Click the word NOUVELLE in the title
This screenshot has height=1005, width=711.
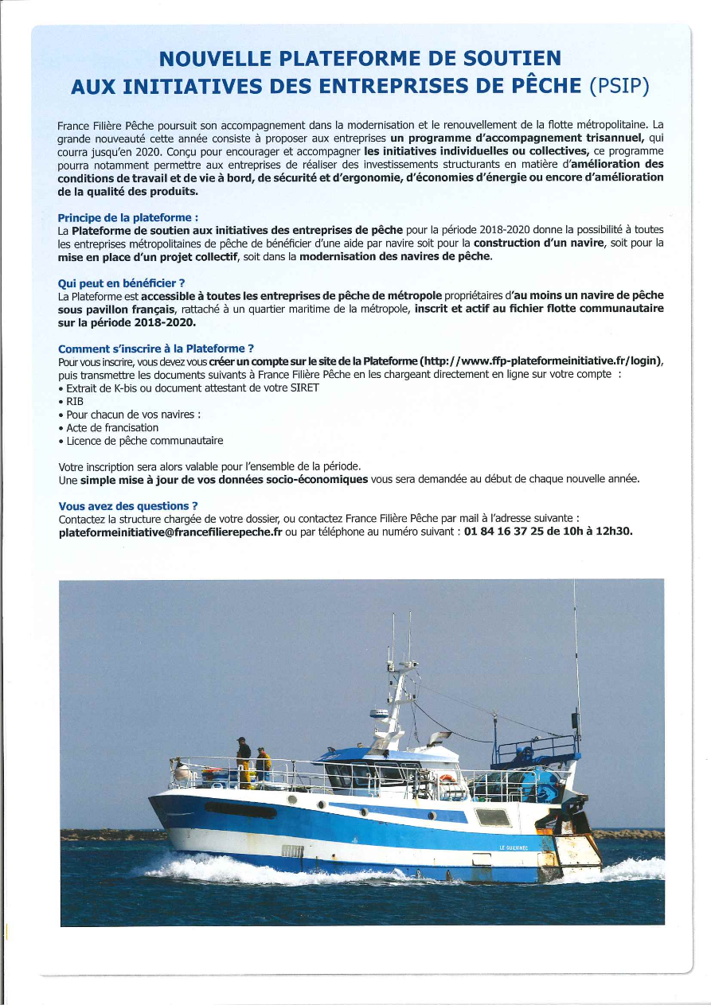[211, 58]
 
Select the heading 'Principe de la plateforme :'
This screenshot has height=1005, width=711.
[128, 217]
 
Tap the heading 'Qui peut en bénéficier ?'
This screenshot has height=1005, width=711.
[121, 282]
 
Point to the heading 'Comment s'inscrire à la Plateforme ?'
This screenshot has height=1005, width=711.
[156, 348]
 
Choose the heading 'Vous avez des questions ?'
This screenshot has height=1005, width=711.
[128, 505]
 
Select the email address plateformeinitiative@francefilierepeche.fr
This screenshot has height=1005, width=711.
[170, 532]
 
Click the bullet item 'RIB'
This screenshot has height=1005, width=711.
[75, 401]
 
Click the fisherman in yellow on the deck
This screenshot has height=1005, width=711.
[262, 765]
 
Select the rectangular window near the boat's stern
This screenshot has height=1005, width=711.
[492, 817]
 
